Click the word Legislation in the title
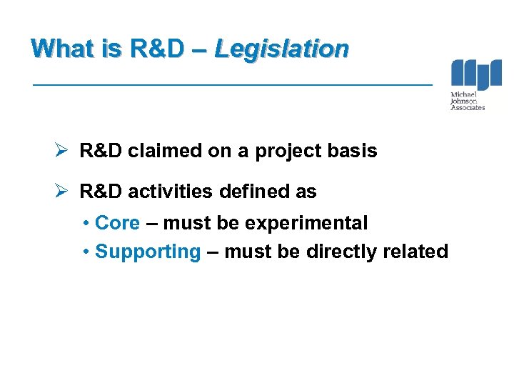pos(281,49)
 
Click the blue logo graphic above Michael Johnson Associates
pos(475,74)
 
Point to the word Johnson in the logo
pos(463,102)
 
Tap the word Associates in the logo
pos(468,108)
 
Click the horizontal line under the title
pos(233,85)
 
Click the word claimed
pos(158,152)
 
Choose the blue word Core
pos(117,223)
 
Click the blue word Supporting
pos(148,252)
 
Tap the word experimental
pos(306,223)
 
